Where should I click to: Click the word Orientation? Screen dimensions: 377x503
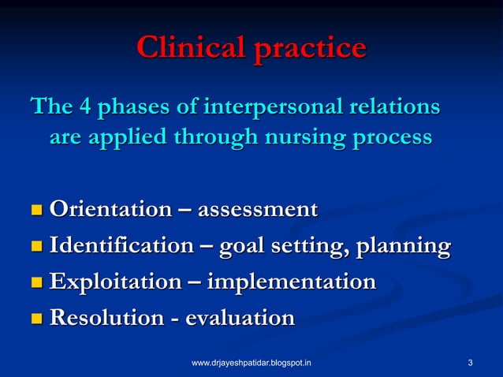pyautogui.click(x=110, y=210)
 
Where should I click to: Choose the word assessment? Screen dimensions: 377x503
pyautogui.click(x=257, y=210)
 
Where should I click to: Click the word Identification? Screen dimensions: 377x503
pyautogui.click(x=121, y=246)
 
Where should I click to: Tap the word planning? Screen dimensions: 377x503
pyautogui.click(x=403, y=247)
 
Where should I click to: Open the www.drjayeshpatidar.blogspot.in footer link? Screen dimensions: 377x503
pyautogui.click(x=251, y=363)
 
